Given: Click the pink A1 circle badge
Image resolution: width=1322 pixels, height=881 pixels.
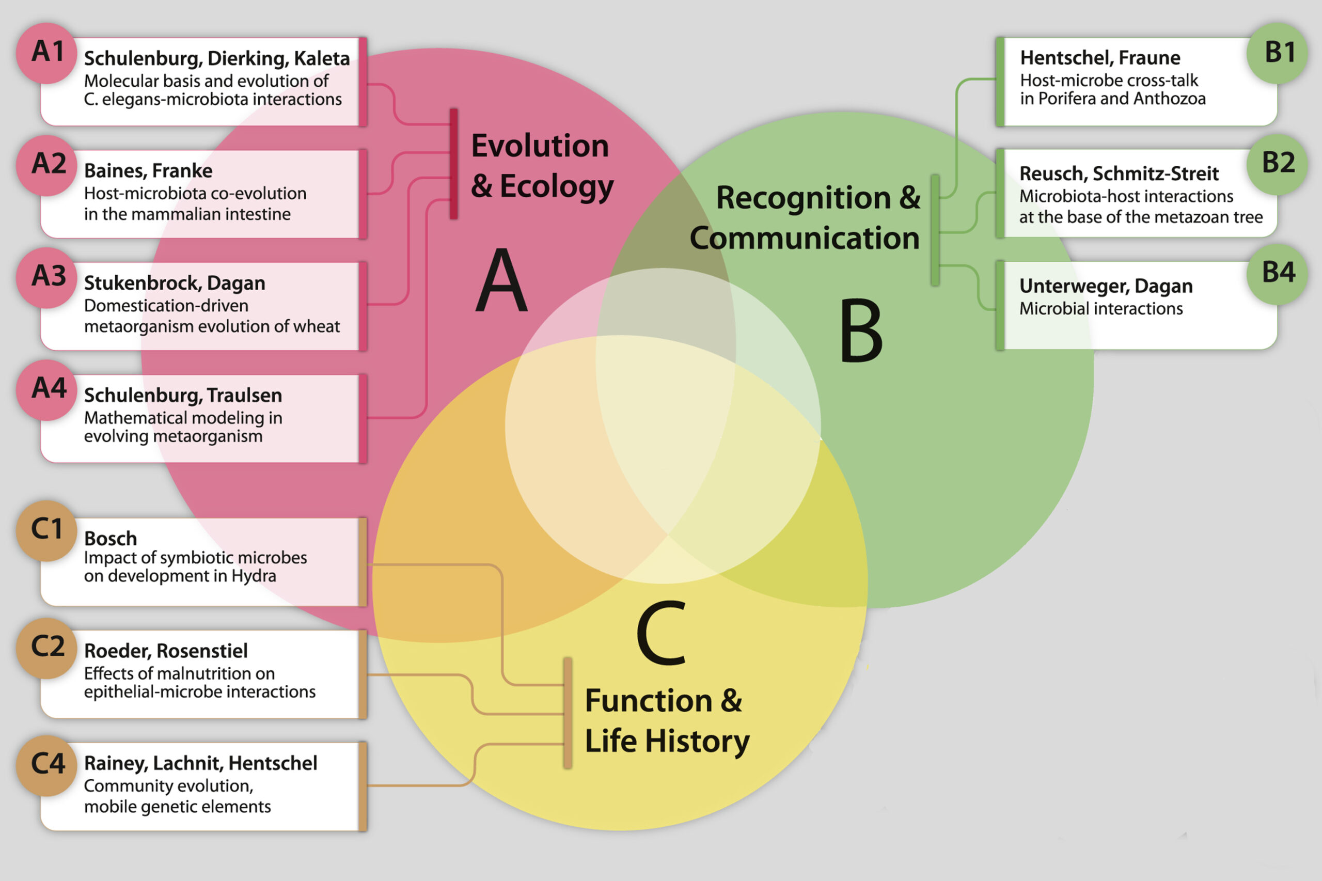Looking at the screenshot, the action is (x=46, y=53).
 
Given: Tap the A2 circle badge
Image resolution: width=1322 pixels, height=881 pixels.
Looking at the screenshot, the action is (x=46, y=165).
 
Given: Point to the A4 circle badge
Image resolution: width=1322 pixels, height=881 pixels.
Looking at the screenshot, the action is (x=46, y=390).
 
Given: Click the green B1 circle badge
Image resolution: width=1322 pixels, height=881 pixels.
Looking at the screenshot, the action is (x=1277, y=53).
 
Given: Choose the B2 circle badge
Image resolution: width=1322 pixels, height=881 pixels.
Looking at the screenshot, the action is (x=1277, y=165).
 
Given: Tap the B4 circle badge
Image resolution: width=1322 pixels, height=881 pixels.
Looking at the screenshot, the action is (x=1277, y=274).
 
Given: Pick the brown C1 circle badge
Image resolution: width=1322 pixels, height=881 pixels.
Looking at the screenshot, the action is (x=46, y=531).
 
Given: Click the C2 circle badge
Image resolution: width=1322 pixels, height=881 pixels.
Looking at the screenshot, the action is (x=46, y=649).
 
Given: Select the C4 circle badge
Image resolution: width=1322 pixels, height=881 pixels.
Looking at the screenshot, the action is (x=46, y=766).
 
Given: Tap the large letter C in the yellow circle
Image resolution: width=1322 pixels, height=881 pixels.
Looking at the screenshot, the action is (x=662, y=633).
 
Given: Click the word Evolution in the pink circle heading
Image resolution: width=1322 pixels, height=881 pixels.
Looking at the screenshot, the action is (x=540, y=146).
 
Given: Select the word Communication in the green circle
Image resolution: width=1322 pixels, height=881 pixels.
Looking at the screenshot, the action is (x=805, y=238).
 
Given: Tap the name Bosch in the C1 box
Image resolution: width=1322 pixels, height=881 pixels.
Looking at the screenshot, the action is (x=111, y=538).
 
